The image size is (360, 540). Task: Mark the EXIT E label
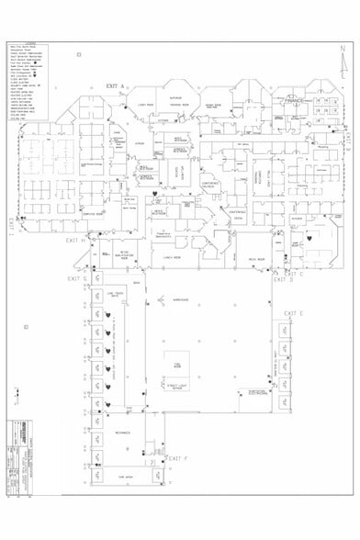pyautogui.click(x=293, y=314)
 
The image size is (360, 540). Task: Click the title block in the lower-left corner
pyautogui.click(x=34, y=457)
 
